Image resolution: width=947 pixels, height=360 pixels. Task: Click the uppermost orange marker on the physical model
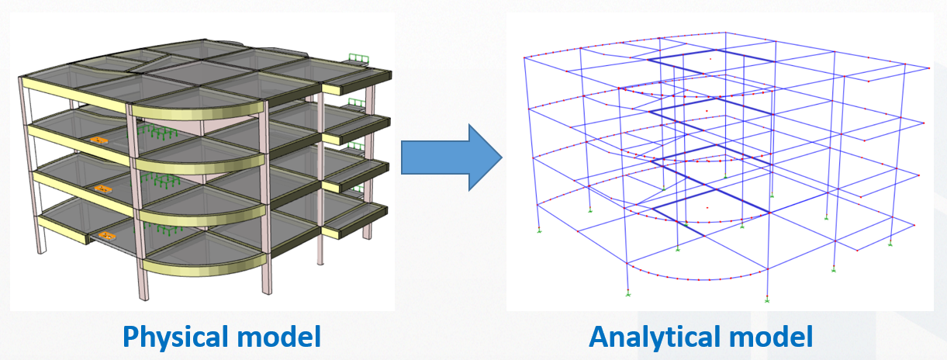(98, 140)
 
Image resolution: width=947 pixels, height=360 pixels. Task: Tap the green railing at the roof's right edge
(358, 59)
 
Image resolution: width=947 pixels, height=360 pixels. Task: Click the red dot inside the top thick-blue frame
(710, 58)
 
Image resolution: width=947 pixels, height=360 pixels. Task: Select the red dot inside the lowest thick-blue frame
(707, 208)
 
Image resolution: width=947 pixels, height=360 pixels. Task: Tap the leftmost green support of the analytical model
(538, 230)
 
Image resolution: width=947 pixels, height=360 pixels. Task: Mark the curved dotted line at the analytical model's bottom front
(698, 278)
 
